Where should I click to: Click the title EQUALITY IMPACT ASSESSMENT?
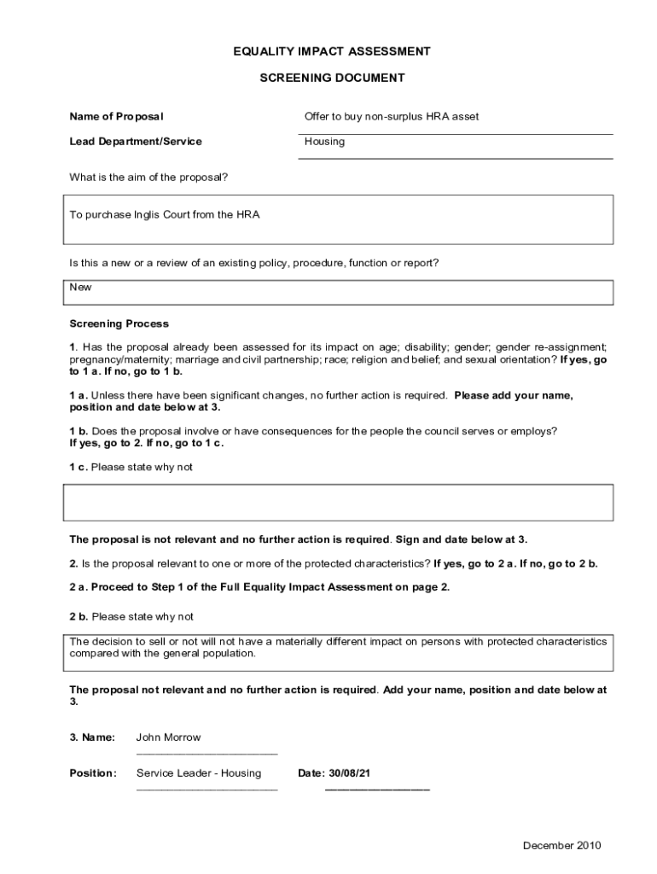click(x=332, y=52)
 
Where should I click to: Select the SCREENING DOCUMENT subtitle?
click(x=332, y=79)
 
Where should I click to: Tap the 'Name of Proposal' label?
click(x=116, y=116)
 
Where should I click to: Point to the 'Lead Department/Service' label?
click(x=136, y=142)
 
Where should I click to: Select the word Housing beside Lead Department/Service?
click(x=324, y=142)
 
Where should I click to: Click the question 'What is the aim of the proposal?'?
click(x=148, y=178)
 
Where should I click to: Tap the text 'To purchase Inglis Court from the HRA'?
click(x=164, y=215)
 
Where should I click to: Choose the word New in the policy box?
click(x=80, y=288)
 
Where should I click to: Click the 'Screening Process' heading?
click(x=119, y=324)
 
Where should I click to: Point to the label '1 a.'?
click(x=78, y=396)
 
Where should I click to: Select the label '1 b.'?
click(x=78, y=431)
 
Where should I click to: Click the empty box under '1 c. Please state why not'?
click(x=338, y=503)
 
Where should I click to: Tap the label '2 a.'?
click(x=78, y=587)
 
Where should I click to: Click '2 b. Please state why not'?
click(x=131, y=616)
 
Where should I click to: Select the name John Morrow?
click(x=169, y=737)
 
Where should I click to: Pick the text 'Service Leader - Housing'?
click(x=199, y=773)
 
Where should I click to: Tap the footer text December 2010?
click(x=561, y=846)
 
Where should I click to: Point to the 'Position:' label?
click(x=93, y=773)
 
